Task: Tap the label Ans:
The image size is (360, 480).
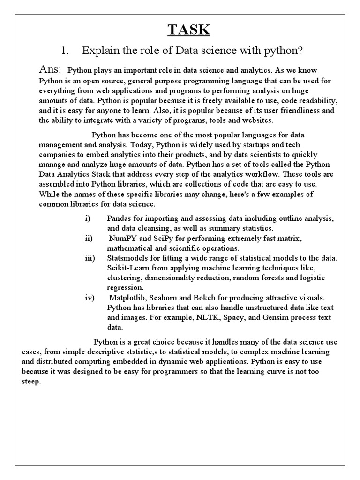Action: click(50, 69)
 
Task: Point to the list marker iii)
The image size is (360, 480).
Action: click(90, 258)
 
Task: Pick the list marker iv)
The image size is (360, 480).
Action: click(89, 298)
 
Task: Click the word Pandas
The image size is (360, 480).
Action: click(119, 219)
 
